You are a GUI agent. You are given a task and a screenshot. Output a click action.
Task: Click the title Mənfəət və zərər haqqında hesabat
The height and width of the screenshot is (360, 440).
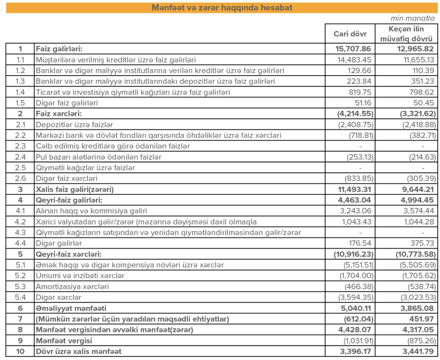pos(222,8)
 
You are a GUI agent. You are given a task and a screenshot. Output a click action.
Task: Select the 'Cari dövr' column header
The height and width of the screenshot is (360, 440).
pos(350,34)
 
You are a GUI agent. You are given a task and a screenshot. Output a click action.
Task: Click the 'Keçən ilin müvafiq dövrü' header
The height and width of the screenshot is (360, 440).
pos(406,34)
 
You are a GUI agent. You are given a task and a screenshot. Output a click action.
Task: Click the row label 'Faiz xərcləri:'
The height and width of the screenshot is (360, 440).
pos(59,114)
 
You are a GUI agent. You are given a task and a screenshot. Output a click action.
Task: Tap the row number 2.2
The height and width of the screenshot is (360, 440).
pos(20,135)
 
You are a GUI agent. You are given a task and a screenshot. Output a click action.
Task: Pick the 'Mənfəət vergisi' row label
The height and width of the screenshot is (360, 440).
pos(64,340)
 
